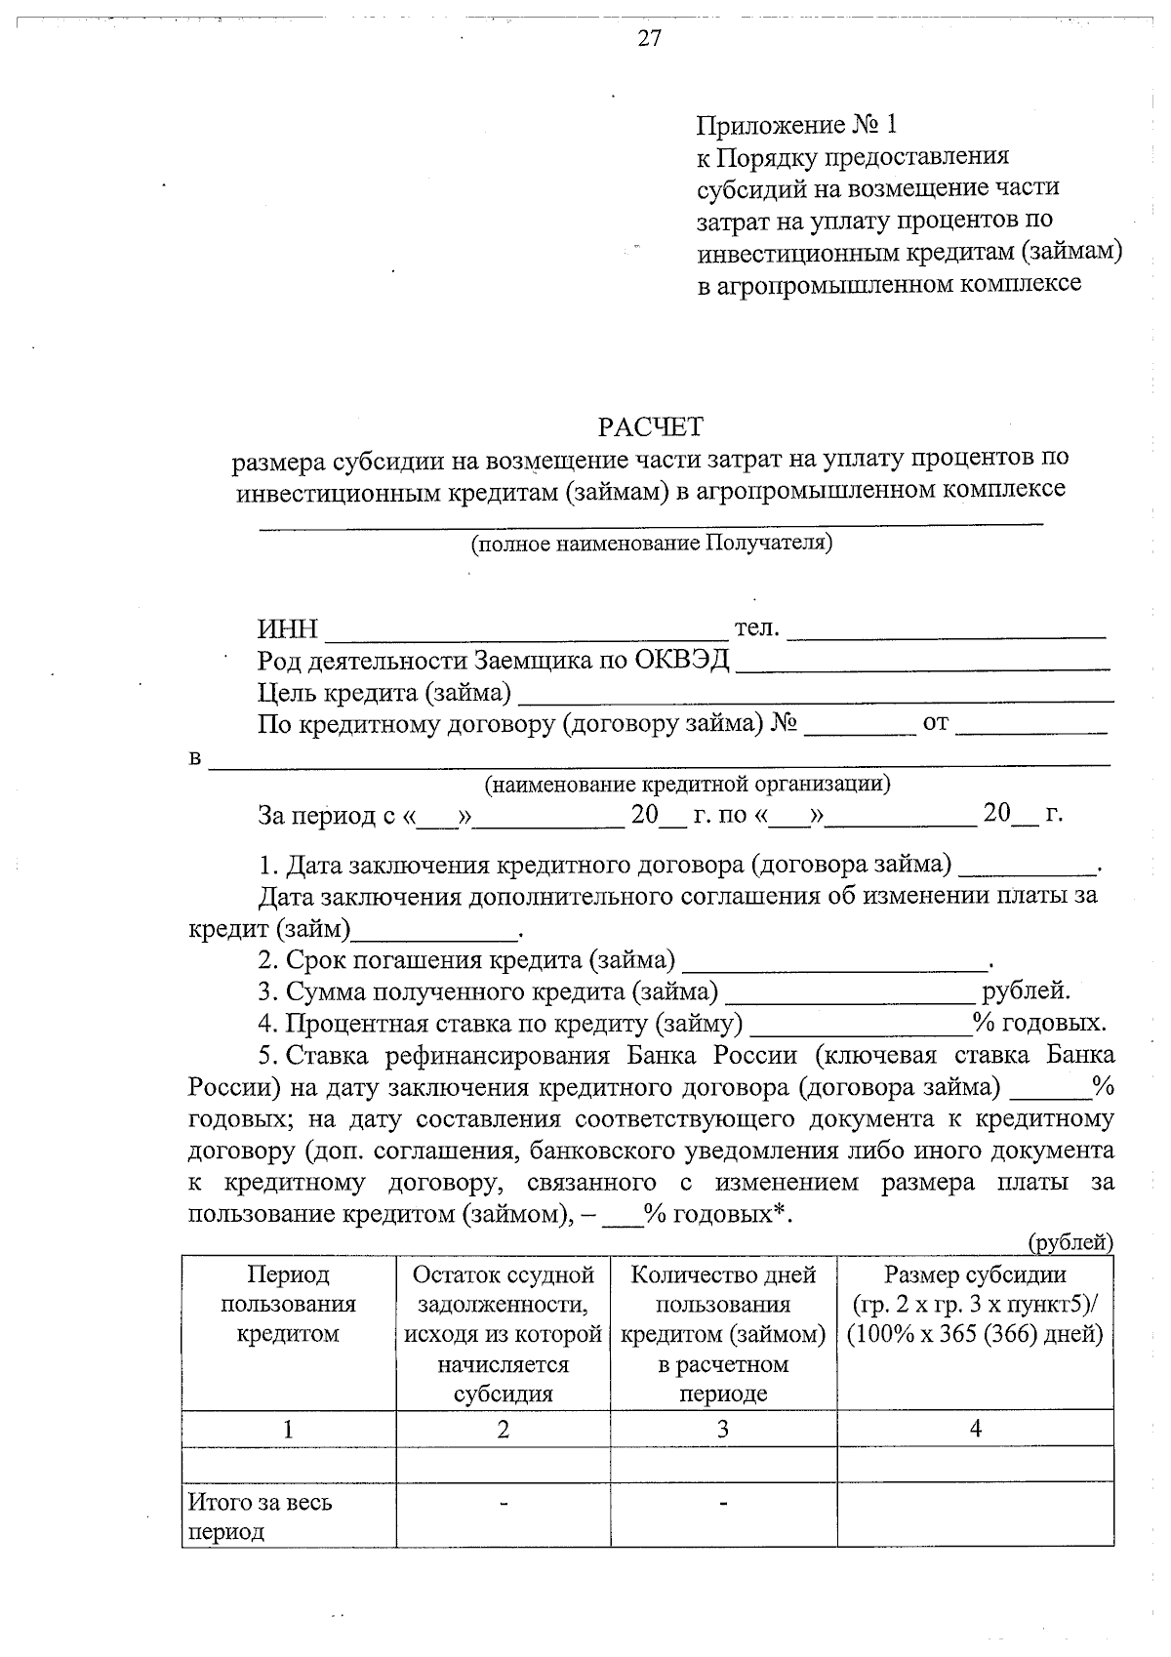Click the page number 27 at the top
coord(649,38)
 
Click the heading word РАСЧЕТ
coord(650,427)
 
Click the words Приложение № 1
coord(795,125)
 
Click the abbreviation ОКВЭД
coord(682,662)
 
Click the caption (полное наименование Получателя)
coord(651,544)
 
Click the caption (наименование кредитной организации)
coord(687,784)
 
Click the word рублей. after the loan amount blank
coord(1026,992)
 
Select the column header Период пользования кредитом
coord(288,1304)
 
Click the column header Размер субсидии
coord(975,1274)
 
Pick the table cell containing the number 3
coord(723,1429)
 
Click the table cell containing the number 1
coord(288,1429)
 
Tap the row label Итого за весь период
coord(260,1516)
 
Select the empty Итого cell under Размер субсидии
coord(975,1516)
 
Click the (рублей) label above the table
coord(1070,1242)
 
